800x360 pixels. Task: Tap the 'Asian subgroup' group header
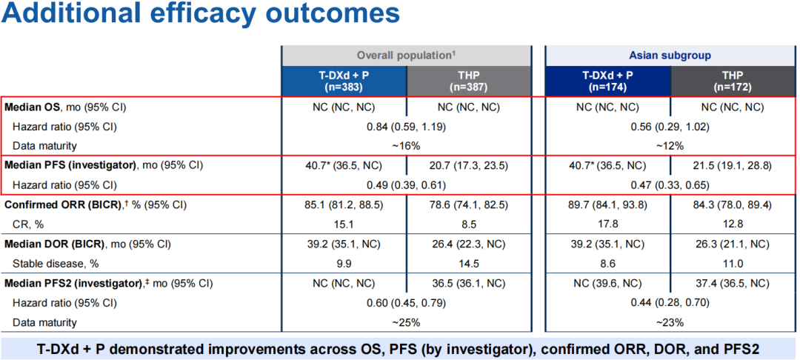[x=670, y=56]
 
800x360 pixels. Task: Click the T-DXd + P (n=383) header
[x=344, y=81]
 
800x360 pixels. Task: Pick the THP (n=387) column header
[x=468, y=81]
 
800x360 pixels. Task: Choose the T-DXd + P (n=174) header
[x=607, y=81]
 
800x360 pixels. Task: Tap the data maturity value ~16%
[x=406, y=146]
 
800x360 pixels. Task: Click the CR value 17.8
[x=607, y=223]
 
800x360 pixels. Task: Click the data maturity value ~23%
[x=670, y=322]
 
